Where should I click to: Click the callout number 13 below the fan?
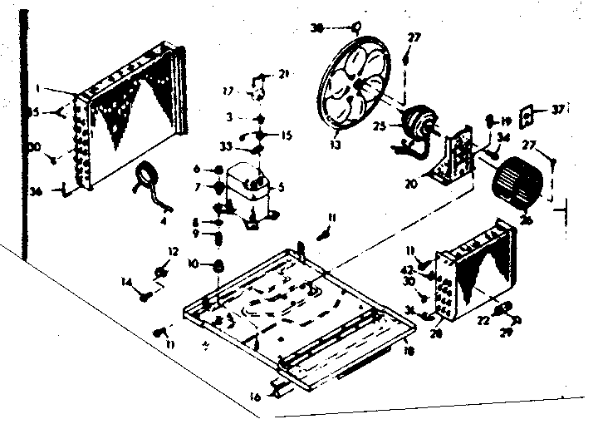click(335, 141)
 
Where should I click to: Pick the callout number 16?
click(256, 397)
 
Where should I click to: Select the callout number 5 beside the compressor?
click(281, 188)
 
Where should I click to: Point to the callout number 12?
click(173, 251)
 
